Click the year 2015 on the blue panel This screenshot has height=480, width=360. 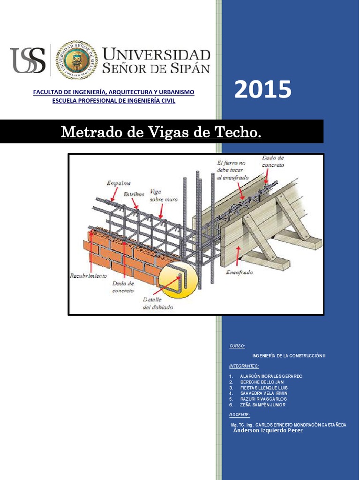262,90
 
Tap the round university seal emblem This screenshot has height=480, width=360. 77,60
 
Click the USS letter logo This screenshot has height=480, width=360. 28,60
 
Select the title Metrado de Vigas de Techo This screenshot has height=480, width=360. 161,132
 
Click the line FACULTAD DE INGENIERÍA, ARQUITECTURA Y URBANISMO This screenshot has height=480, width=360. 113,92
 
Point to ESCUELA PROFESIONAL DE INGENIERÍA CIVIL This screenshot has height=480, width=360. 113,101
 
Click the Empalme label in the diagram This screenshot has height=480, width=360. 119,183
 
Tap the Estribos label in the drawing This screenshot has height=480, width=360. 134,194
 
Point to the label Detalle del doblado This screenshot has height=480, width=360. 157,304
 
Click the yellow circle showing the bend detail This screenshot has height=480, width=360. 178,281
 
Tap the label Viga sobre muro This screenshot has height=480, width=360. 163,195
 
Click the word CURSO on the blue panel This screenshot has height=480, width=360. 237,346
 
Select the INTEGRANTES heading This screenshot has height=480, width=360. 244,366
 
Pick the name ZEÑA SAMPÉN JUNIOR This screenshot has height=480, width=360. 262,405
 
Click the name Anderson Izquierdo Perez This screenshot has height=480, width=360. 268,430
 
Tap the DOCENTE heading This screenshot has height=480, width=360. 240,415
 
